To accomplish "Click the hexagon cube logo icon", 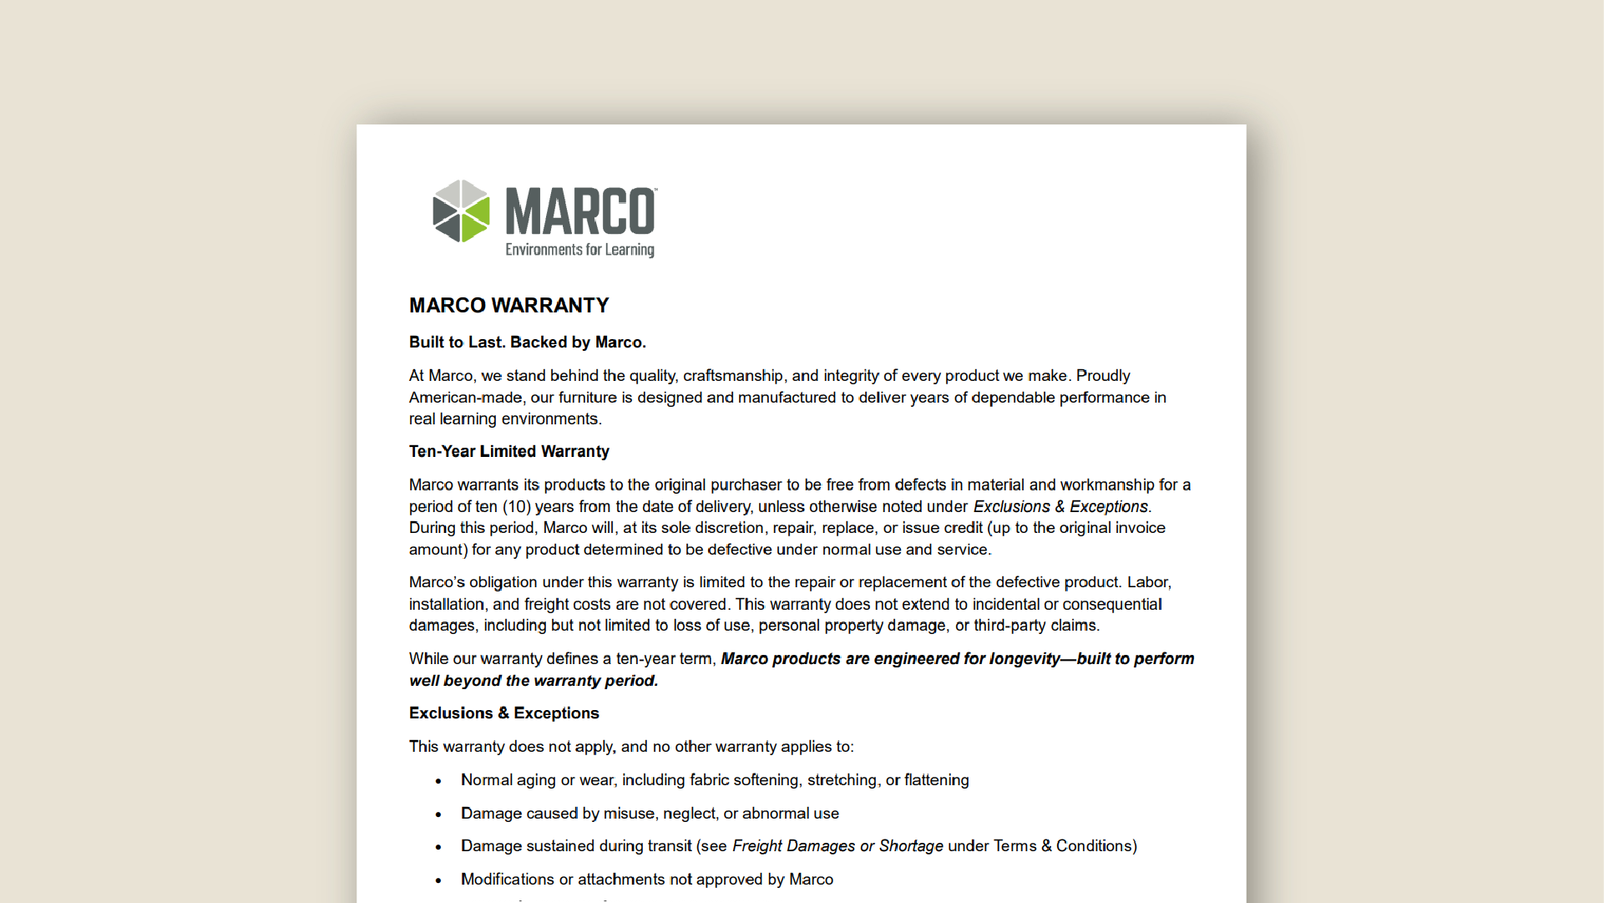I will click(460, 211).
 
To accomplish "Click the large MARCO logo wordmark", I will click(580, 211).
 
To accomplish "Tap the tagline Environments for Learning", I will click(579, 250).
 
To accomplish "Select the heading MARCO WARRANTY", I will click(509, 306).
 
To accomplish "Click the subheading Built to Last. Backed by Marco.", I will click(527, 342).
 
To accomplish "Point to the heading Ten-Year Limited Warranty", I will click(509, 452).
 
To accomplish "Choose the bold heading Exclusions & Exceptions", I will click(503, 713).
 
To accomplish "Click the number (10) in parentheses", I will click(516, 507).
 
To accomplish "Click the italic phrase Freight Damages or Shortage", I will click(837, 846).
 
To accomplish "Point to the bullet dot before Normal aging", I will click(438, 781).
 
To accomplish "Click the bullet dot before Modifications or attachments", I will click(438, 880).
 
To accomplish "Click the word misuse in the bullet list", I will click(630, 814).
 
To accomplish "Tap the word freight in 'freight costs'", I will click(546, 604).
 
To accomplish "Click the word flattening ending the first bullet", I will click(936, 780).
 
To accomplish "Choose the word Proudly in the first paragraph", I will click(1102, 376).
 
